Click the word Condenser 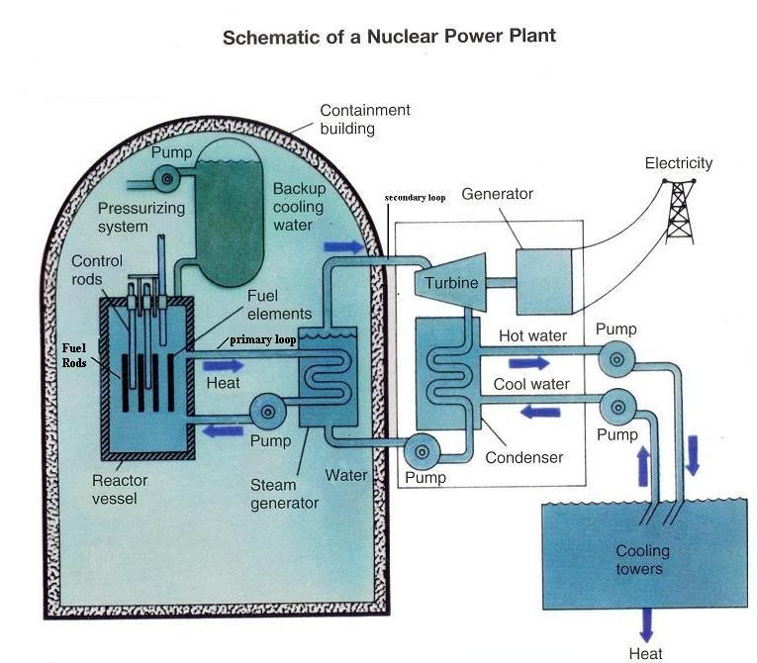click(523, 457)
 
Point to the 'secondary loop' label click(415, 198)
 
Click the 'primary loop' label click(263, 338)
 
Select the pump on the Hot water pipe click(616, 360)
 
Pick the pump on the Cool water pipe click(616, 405)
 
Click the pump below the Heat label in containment click(270, 408)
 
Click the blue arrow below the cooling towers click(645, 622)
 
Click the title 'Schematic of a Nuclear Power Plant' click(389, 38)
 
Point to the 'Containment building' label click(364, 119)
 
